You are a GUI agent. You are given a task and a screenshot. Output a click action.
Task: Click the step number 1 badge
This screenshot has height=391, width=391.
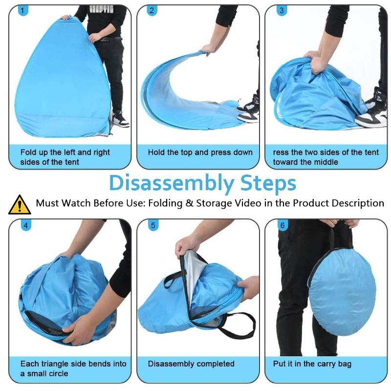click(x=23, y=10)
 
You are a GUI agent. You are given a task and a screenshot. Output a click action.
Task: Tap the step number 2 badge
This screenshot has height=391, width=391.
click(x=152, y=10)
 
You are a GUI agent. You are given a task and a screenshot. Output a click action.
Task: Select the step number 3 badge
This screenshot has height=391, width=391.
click(x=282, y=10)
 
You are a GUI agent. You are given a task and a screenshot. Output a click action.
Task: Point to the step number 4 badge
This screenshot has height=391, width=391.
click(x=26, y=226)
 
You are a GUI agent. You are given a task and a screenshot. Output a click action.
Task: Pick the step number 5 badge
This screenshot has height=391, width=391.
click(x=153, y=226)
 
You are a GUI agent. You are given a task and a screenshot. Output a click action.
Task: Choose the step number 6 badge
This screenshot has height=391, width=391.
click(x=282, y=226)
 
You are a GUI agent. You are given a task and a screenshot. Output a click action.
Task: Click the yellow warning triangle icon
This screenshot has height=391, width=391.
click(x=20, y=205)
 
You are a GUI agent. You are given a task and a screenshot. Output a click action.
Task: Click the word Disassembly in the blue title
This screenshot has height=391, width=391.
click(x=172, y=184)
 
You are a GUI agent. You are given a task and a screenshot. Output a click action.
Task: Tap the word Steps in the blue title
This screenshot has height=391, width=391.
click(x=268, y=184)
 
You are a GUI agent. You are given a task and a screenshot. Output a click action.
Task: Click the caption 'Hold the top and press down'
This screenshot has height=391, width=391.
click(x=200, y=152)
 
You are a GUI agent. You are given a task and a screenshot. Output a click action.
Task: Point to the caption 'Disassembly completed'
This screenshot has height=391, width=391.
click(x=191, y=364)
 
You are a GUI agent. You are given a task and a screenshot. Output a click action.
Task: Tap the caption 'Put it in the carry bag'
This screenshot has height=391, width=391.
click(x=312, y=364)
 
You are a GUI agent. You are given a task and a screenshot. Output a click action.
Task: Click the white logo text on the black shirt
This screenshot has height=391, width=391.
click(x=102, y=9)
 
